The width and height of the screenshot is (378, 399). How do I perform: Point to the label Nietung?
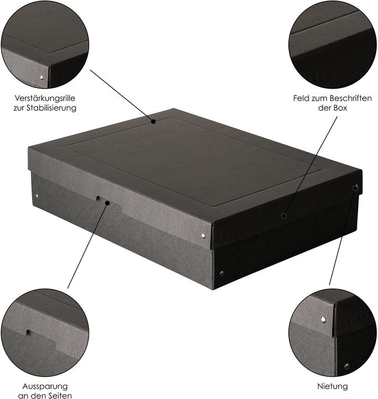(333, 386)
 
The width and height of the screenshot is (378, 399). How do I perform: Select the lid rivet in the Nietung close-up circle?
(323, 319)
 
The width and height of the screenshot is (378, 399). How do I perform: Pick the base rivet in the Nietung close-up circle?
(346, 366)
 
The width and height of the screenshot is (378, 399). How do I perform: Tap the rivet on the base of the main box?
(222, 273)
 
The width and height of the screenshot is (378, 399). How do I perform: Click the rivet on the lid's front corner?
(203, 236)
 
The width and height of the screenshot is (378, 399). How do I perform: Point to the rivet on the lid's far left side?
(37, 196)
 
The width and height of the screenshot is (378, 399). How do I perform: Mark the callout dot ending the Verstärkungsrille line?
(154, 120)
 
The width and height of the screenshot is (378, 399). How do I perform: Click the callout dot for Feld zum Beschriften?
(283, 216)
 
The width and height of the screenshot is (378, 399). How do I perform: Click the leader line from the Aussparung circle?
(89, 244)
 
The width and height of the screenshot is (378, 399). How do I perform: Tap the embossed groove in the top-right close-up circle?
(333, 25)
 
